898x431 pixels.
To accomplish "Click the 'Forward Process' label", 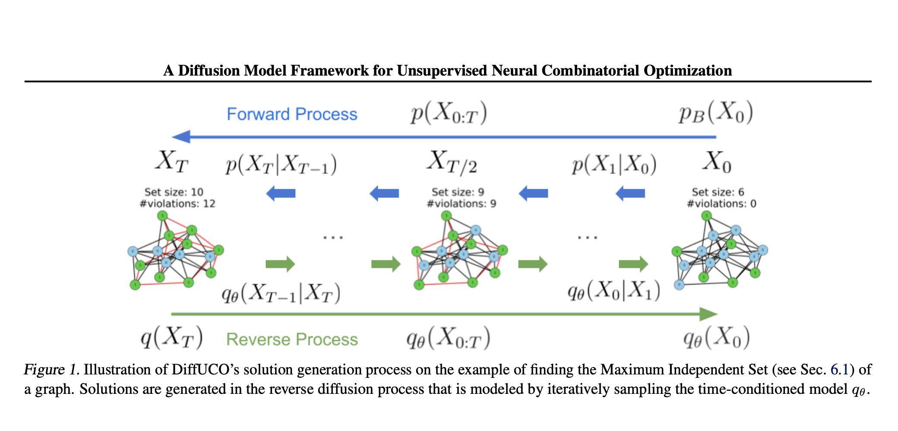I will click(292, 114).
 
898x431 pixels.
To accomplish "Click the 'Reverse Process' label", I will click(292, 339).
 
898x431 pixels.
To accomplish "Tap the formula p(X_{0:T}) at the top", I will click(449, 113).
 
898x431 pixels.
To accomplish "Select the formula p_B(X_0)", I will click(716, 113).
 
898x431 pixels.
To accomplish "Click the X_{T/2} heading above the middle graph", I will click(452, 162).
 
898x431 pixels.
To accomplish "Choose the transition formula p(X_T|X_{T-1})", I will click(281, 165).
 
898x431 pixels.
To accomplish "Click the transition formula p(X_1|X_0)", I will click(614, 165).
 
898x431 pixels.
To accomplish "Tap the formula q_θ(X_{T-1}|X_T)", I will click(281, 293).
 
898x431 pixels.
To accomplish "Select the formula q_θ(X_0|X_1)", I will click(614, 291).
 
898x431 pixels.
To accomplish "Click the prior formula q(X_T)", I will click(171, 337).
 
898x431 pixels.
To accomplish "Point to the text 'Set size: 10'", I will click(174, 192).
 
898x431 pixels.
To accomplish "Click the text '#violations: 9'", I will click(462, 203).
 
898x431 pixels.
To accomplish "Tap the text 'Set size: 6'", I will click(718, 192).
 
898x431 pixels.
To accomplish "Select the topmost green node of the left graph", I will click(162, 215).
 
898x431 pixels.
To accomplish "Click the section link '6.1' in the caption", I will click(839, 370).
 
